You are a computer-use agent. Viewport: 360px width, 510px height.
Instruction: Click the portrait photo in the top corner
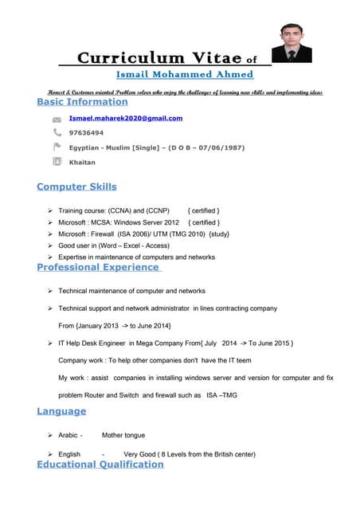pyautogui.click(x=292, y=41)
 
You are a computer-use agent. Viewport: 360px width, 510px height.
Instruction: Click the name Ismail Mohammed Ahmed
pyautogui.click(x=185, y=74)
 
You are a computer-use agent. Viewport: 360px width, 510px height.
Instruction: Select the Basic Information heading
pyautogui.click(x=82, y=102)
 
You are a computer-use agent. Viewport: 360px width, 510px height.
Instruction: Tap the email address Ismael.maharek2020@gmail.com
pyautogui.click(x=126, y=118)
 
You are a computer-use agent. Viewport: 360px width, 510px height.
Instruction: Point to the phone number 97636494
pyautogui.click(x=86, y=132)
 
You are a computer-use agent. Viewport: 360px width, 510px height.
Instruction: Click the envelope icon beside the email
pyautogui.click(x=57, y=119)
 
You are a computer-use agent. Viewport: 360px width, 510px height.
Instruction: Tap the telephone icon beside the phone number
pyautogui.click(x=57, y=132)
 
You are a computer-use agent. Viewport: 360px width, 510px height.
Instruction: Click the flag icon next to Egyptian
pyautogui.click(x=57, y=147)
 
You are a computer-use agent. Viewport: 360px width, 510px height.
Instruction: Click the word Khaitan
pyautogui.click(x=82, y=162)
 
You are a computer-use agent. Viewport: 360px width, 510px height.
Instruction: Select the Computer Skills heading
pyautogui.click(x=76, y=186)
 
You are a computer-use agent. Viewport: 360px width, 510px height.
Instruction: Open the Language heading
pyautogui.click(x=61, y=410)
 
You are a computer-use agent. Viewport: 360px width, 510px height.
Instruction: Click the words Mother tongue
pyautogui.click(x=123, y=436)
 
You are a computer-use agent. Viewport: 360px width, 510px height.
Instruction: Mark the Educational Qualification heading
pyautogui.click(x=100, y=464)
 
